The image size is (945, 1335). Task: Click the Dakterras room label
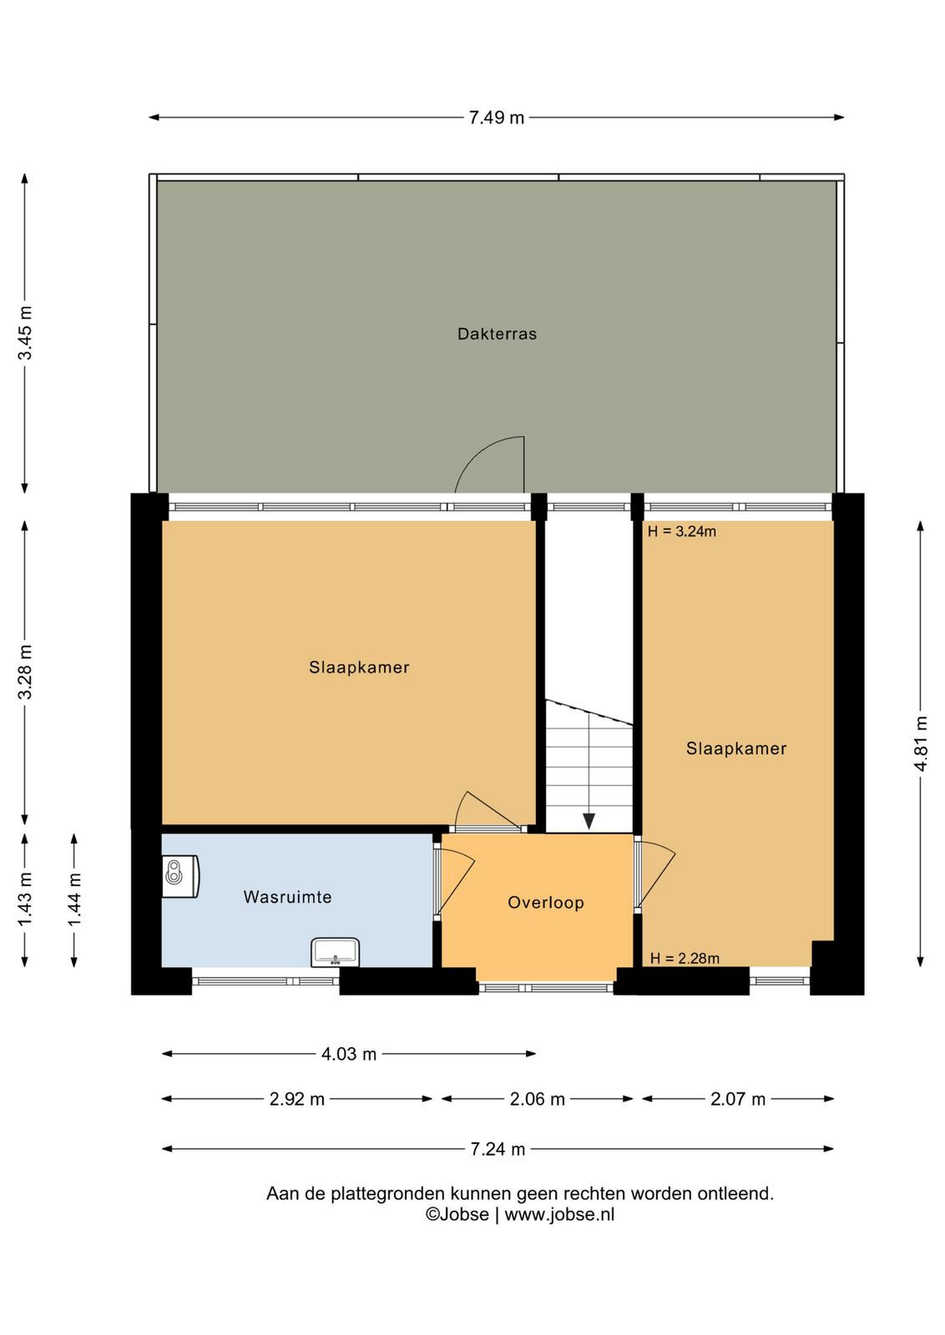497,334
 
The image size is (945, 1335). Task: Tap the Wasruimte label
287,897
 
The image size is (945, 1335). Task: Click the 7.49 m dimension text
496,118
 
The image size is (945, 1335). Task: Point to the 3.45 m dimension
25,333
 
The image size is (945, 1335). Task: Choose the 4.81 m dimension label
921,743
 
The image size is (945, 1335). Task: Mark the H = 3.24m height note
682,531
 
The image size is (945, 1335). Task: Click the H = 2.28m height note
685,959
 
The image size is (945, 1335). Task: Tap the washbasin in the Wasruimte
335,952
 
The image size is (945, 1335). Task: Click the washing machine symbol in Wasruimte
180,876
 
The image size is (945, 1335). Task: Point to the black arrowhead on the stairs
589,822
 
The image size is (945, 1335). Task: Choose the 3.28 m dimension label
25,672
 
